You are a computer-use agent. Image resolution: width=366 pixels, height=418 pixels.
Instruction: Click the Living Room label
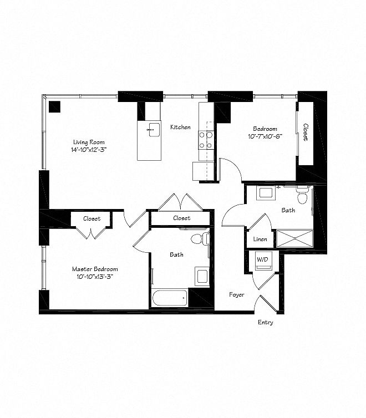pos(89,142)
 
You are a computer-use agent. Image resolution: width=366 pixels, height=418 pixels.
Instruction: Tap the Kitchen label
pos(180,127)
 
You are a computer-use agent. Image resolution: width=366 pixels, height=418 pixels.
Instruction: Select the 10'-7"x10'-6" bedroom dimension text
pos(265,136)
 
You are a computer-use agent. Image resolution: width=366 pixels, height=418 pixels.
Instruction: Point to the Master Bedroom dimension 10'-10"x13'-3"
pos(95,277)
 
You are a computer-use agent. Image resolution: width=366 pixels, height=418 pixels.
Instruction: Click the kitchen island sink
pos(154,130)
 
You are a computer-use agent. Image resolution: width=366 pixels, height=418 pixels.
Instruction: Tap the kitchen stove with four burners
pos(206,140)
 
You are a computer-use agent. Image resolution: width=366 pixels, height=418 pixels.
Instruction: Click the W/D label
pos(262,259)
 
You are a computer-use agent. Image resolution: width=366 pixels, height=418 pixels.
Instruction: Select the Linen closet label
pos(260,239)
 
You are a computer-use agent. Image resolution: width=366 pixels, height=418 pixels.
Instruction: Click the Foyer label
pos(237,294)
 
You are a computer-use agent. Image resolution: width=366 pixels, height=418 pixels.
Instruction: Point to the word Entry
pos(266,322)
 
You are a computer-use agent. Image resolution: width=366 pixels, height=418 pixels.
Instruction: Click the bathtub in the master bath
pos(170,298)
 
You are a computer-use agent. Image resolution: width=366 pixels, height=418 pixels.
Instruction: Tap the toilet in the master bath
pos(200,238)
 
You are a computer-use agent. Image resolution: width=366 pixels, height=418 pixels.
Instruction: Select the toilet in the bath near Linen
pos(302,195)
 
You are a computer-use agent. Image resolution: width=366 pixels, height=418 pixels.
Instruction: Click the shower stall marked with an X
pos(294,238)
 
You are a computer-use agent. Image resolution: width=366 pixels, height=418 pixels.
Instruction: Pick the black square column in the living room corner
pos(55,106)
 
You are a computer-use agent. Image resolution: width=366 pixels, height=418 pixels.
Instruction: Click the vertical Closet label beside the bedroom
pos(306,132)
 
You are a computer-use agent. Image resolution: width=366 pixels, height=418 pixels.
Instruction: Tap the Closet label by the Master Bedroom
pos(91,218)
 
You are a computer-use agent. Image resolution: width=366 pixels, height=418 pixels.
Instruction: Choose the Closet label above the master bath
pos(182,218)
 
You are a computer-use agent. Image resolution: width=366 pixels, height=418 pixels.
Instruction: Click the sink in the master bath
pos(202,276)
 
